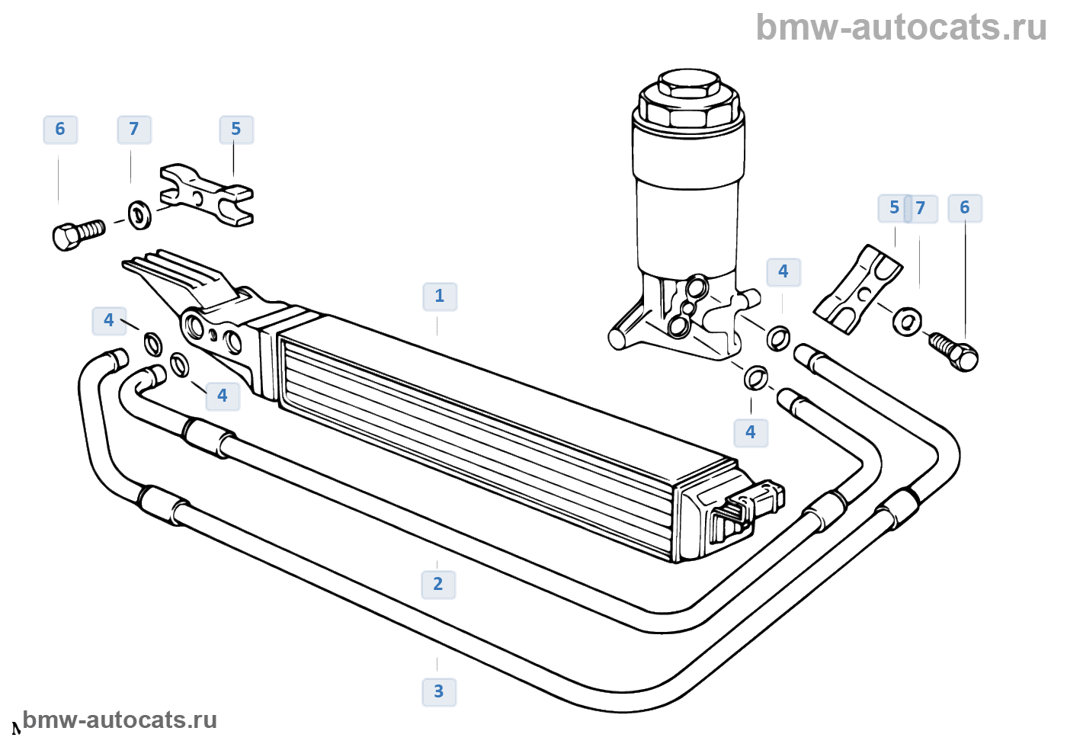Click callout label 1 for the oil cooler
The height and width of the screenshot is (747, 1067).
tap(440, 297)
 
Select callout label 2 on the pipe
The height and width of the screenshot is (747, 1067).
tap(438, 585)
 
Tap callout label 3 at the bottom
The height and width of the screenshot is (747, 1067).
tap(439, 692)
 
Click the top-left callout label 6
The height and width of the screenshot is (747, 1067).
tap(60, 130)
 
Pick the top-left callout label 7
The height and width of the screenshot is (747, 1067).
tap(134, 130)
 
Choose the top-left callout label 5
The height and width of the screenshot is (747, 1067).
tap(236, 130)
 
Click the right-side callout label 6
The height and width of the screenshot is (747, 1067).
tap(965, 208)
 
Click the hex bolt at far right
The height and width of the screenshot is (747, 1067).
tap(956, 351)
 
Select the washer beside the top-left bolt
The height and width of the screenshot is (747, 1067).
tap(139, 214)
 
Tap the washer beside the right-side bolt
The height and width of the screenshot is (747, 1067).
tap(907, 321)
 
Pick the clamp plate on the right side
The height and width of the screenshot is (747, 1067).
tap(858, 289)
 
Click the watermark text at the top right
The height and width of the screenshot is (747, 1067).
tap(901, 27)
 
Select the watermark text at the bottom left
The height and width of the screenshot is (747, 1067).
tap(120, 720)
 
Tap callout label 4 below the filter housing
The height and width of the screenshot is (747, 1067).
tap(751, 433)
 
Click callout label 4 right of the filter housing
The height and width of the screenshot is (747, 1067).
tap(783, 272)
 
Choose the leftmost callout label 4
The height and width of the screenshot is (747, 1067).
tap(109, 321)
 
